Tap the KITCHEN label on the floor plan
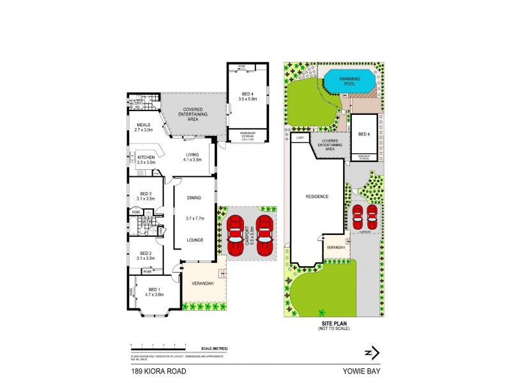tap(146, 158)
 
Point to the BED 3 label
tap(146, 193)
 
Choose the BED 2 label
tap(146, 252)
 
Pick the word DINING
tap(194, 198)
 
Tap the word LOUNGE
tap(194, 240)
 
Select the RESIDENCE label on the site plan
tap(316, 197)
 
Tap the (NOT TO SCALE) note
tap(335, 328)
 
